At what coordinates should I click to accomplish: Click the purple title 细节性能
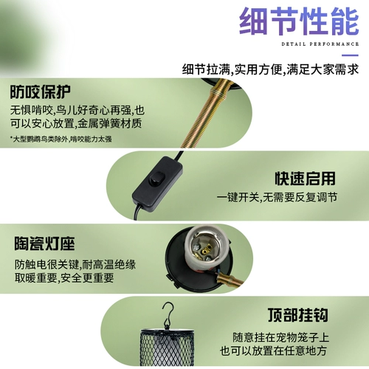[299, 21]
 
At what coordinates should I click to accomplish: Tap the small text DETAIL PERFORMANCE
[320, 44]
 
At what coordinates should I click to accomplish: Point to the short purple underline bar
[350, 55]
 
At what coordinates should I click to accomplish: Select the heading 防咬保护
[41, 92]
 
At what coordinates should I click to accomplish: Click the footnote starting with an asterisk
[61, 139]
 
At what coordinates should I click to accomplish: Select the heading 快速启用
[305, 179]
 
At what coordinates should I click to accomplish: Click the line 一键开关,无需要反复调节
[277, 197]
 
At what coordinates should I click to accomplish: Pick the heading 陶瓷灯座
[44, 244]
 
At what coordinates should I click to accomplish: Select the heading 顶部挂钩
[298, 315]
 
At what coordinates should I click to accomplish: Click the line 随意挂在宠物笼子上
[280, 337]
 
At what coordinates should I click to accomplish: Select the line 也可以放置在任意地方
[274, 351]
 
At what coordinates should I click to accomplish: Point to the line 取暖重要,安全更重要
[64, 278]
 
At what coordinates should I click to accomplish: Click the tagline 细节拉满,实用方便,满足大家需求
[270, 69]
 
